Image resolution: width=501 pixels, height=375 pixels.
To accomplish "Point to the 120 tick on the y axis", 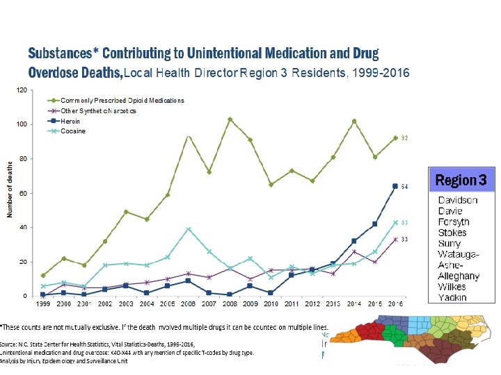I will coord(22,90).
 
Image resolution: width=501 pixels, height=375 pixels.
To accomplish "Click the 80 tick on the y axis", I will coord(23,159).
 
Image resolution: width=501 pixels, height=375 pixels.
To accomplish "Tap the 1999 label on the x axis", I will coord(43,305).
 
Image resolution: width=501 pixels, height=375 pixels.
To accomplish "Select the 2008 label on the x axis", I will coord(230,305).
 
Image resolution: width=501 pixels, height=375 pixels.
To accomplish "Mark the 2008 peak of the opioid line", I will coord(230,119).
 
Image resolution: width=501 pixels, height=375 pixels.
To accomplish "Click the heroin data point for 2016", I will coord(395,186).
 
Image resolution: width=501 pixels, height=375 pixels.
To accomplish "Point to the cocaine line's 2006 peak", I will coord(188,229).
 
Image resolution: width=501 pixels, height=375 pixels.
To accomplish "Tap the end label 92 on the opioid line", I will coord(404,138).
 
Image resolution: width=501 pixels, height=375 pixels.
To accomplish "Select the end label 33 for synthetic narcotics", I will coord(404,240).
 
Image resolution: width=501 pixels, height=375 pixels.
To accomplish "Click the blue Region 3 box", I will coord(461,181).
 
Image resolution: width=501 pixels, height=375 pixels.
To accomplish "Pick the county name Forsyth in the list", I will coord(453,222).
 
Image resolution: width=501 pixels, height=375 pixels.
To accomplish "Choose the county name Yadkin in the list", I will coord(452,297).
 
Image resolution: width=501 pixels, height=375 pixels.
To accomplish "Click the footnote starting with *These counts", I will coord(164,326).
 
